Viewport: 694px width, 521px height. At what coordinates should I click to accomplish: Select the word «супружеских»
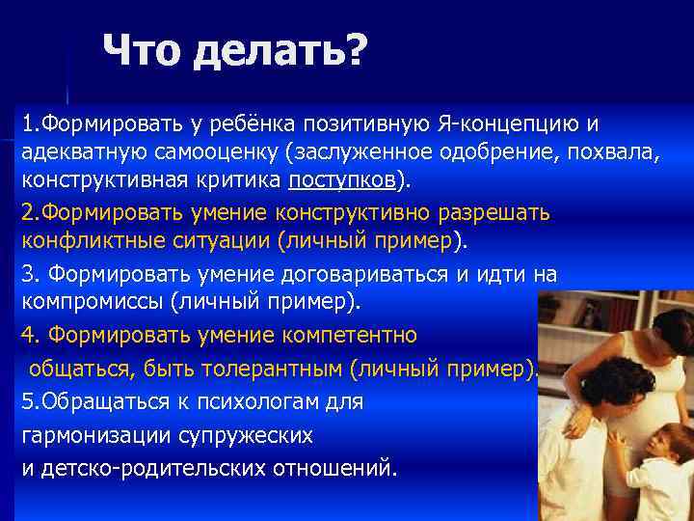point(245,435)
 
